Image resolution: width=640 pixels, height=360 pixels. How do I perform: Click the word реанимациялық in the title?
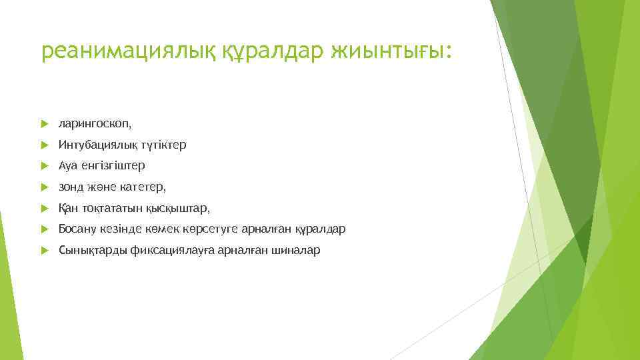(127, 51)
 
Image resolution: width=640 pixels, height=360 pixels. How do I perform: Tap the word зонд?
(70, 187)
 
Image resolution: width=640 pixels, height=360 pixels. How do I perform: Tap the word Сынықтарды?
(87, 251)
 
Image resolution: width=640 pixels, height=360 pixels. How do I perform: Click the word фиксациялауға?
(171, 251)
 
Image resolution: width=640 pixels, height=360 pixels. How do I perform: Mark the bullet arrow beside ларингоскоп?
(45, 124)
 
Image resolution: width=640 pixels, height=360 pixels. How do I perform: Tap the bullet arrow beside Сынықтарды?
(45, 251)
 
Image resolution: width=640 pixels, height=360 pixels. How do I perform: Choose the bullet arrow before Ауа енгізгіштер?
(45, 165)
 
